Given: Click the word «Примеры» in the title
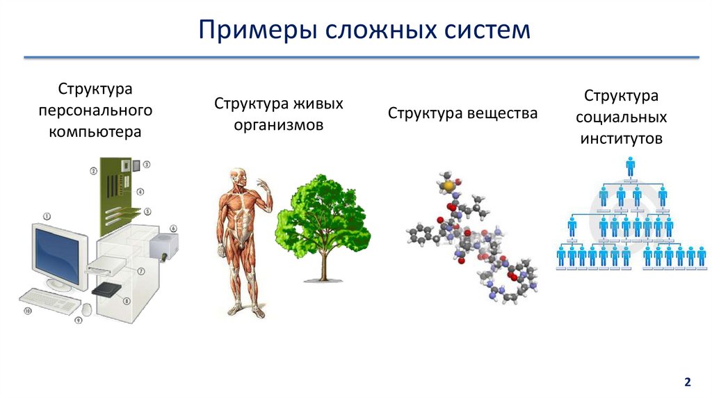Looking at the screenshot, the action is coord(257,30).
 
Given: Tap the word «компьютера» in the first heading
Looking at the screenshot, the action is coord(95,132).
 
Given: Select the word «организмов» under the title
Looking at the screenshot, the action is coord(279,125).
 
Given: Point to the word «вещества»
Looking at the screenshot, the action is coord(501,113).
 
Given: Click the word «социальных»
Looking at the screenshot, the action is coord(621,117).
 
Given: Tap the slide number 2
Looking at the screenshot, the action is coord(688,382).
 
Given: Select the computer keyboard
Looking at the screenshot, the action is coord(50,300).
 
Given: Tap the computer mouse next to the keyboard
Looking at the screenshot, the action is coord(87,309).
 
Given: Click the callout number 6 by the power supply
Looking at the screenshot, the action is coord(173,228).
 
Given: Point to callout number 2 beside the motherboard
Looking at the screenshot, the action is coord(94,171).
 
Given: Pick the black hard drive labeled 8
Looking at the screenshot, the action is coord(106,290).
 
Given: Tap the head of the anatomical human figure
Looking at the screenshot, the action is coord(238,177).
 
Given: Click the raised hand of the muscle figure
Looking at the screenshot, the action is coord(263,185).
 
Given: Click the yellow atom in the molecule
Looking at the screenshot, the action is coord(448,186).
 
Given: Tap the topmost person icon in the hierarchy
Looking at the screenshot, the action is coord(630,167).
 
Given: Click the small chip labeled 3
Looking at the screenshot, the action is coord(136,165).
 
